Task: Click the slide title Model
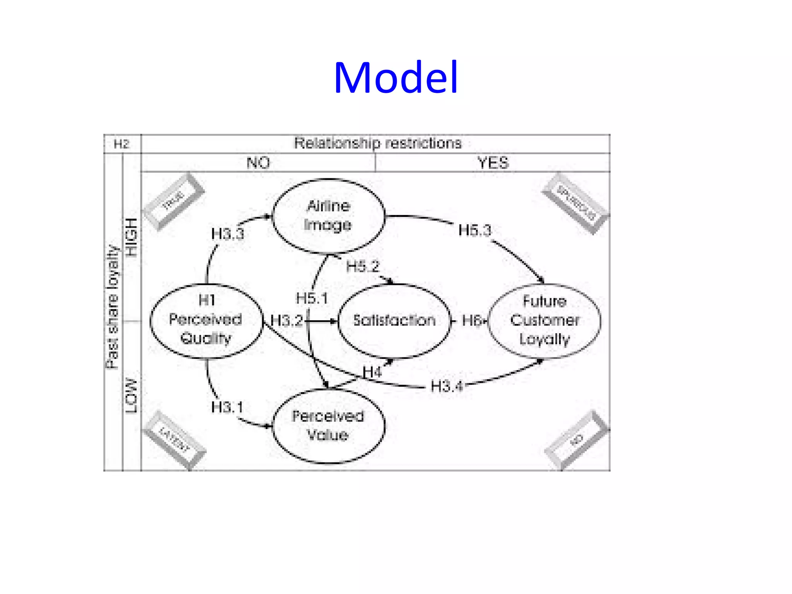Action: click(x=396, y=78)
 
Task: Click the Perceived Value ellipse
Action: click(x=329, y=426)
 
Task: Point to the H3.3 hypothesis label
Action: click(x=228, y=234)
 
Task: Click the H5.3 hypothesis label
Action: click(x=475, y=230)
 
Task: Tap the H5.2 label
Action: click(x=363, y=266)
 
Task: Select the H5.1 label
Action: click(x=312, y=298)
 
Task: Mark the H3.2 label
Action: click(x=287, y=321)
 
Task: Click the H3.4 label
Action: click(x=447, y=386)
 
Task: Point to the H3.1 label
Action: click(x=227, y=407)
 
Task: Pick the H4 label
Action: click(x=372, y=372)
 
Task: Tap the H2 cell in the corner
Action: click(x=121, y=144)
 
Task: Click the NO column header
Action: click(x=258, y=163)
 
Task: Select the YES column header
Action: click(x=493, y=163)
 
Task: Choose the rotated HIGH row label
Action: click(x=132, y=237)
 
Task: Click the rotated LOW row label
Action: click(x=132, y=396)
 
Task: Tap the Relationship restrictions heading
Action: click(x=377, y=143)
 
